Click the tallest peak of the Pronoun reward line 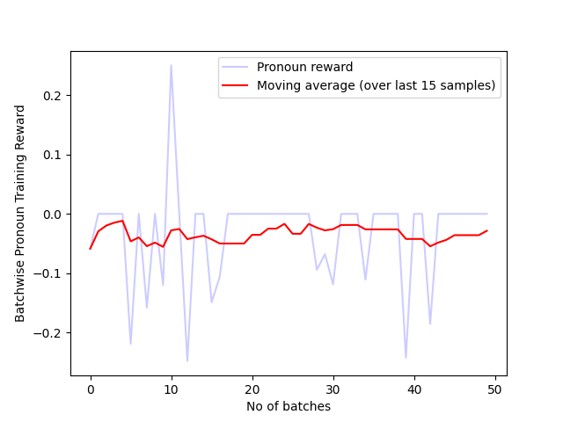[171, 65]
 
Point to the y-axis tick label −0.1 [50, 273]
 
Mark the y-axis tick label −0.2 [50, 333]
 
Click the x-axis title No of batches [289, 406]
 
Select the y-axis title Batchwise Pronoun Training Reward [20, 214]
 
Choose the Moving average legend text [377, 85]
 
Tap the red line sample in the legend [235, 85]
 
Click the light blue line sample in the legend [235, 67]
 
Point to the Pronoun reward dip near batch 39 [406, 358]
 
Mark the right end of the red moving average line [486, 230]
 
